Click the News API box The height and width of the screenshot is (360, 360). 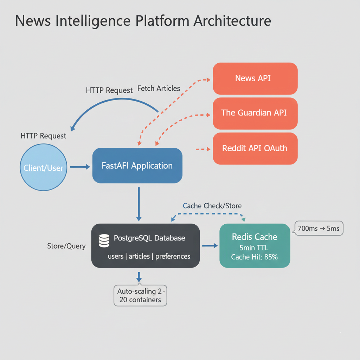tap(255, 78)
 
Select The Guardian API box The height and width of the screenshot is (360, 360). tap(255, 113)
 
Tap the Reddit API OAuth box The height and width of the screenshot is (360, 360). tap(255, 148)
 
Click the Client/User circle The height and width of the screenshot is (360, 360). tap(44, 168)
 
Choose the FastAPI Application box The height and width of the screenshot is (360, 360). tap(137, 166)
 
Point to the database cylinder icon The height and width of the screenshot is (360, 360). tap(104, 240)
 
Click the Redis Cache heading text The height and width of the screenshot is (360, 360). tap(255, 237)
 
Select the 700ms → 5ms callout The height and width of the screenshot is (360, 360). tap(319, 229)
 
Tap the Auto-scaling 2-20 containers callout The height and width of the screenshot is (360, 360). tap(140, 295)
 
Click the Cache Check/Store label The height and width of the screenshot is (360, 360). tap(212, 206)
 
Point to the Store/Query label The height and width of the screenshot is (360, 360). tap(66, 246)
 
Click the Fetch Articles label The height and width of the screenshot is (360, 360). tap(159, 89)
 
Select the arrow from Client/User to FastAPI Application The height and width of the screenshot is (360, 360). tap(80, 167)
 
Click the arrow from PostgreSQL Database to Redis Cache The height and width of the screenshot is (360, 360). tap(210, 246)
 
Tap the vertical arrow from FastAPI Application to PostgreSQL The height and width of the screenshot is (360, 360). tap(139, 204)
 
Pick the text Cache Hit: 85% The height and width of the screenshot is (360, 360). tap(255, 257)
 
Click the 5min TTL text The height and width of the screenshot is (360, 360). tap(255, 247)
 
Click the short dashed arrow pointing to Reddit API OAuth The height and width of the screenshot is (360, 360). tap(202, 149)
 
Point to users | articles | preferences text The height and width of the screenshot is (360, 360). tap(149, 256)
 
